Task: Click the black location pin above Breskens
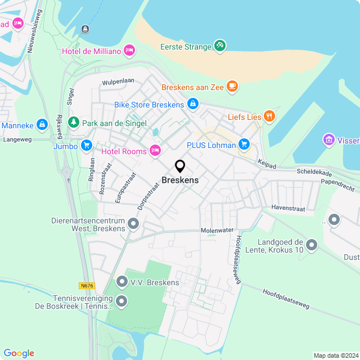click(180, 166)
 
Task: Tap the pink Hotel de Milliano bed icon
click(129, 51)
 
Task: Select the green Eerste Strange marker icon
click(220, 46)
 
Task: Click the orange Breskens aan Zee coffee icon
click(232, 87)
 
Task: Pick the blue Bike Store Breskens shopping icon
click(192, 104)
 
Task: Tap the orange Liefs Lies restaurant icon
click(269, 116)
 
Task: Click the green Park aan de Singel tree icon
click(74, 122)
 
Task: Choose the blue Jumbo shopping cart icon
click(86, 146)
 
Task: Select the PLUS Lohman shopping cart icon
click(244, 145)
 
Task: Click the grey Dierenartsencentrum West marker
click(133, 224)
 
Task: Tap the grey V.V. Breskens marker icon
click(122, 281)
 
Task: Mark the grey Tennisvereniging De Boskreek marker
click(122, 303)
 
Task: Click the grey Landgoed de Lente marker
click(312, 245)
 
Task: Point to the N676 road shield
click(86, 286)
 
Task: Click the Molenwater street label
click(217, 231)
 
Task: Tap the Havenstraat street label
click(288, 208)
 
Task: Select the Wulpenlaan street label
click(118, 82)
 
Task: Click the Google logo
click(19, 353)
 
